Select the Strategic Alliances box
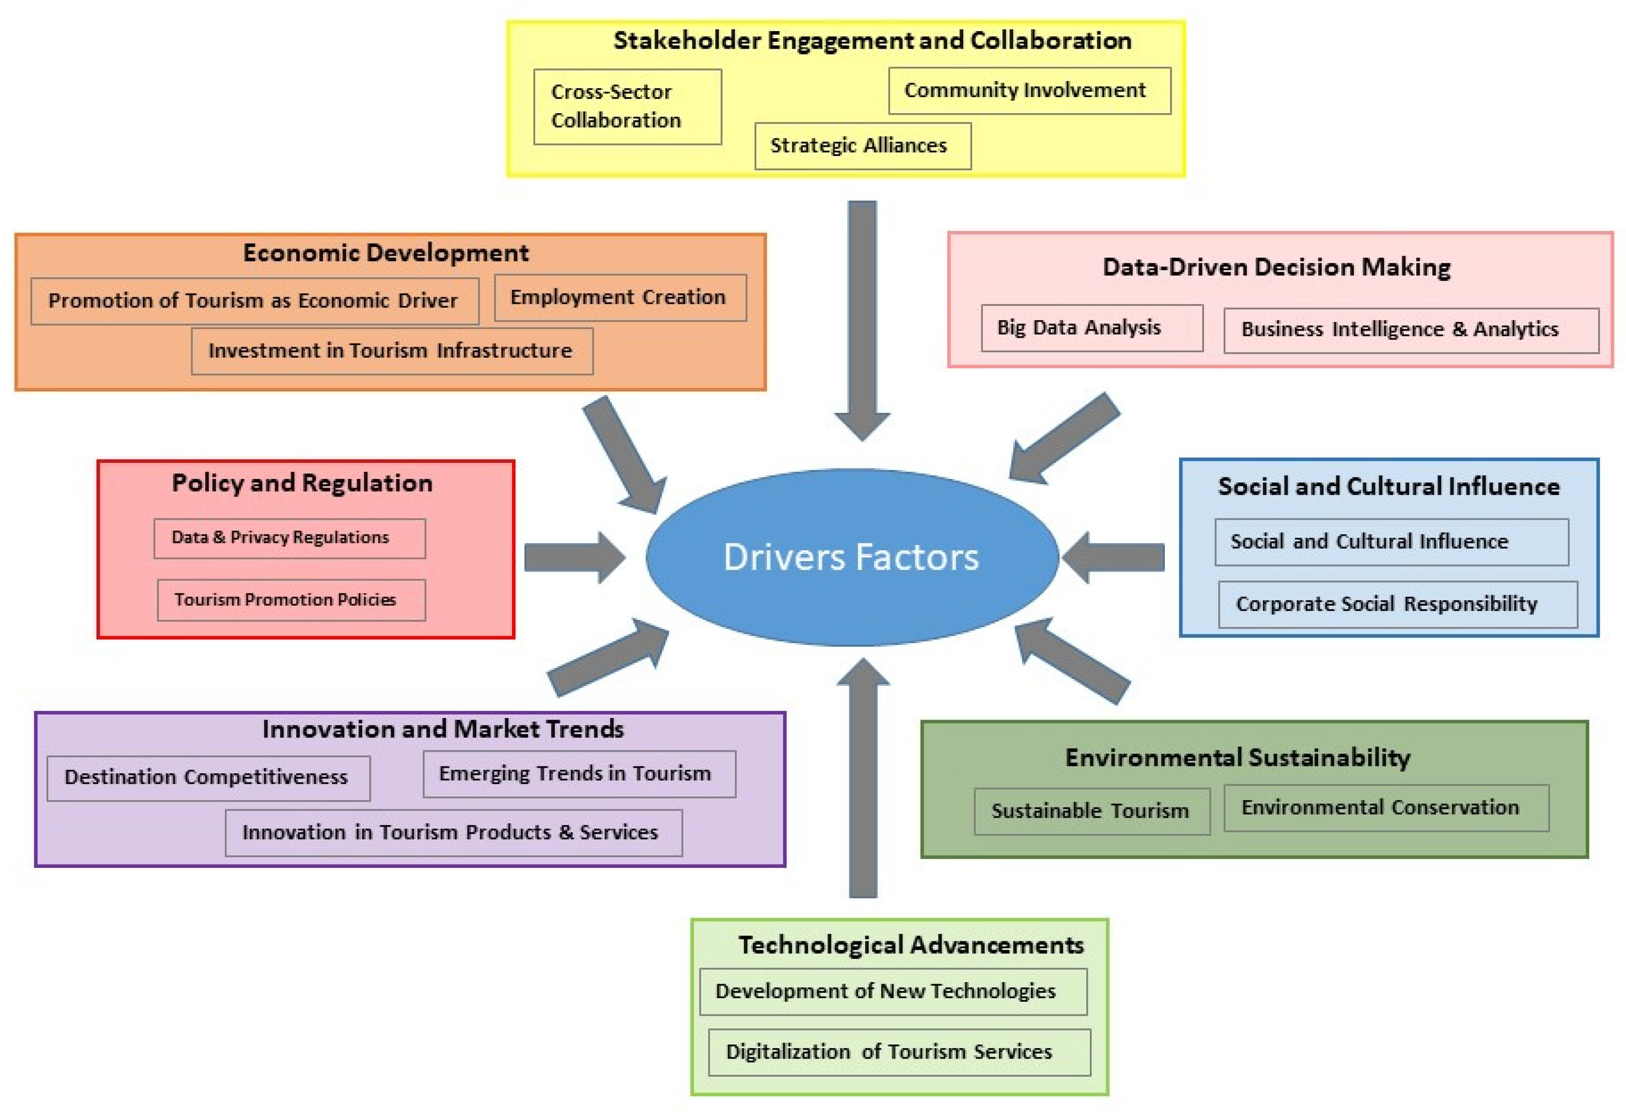[862, 146]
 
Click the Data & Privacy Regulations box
[289, 538]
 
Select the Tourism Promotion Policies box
[291, 600]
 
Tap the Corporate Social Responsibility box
[1397, 604]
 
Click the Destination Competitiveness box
[208, 777]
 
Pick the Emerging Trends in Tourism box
[578, 774]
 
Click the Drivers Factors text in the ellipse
[851, 557]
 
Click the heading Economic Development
[386, 253]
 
